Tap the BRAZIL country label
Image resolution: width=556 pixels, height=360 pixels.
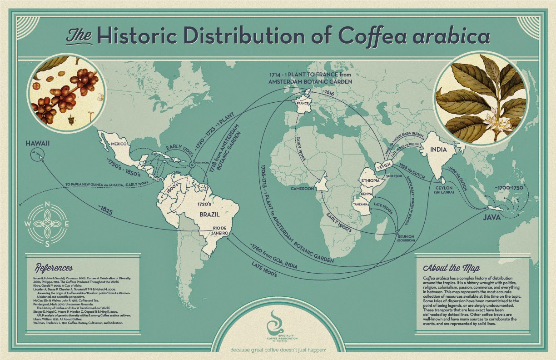[x=209, y=213]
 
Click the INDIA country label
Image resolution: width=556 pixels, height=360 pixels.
[x=436, y=150]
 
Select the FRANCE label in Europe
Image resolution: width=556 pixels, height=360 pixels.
[x=303, y=103]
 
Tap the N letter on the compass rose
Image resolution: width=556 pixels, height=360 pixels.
[x=48, y=205]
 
